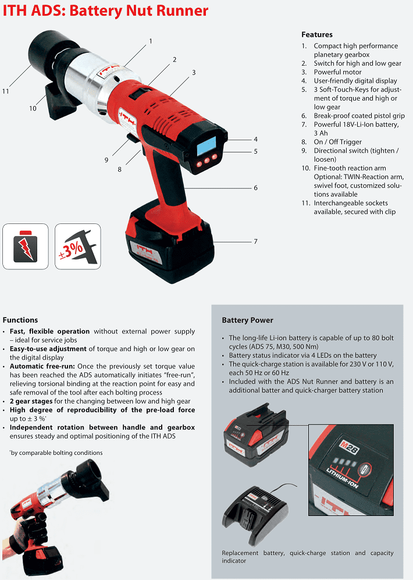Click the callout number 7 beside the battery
[255, 241]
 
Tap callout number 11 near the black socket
[6, 91]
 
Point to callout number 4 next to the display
[255, 140]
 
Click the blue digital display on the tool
[206, 146]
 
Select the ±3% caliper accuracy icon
[77, 246]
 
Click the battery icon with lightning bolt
[26, 246]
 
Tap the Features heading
[317, 34]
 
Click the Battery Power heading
[247, 320]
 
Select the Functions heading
[20, 320]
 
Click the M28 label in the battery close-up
[348, 447]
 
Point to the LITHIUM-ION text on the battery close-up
[342, 478]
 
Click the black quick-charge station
[255, 513]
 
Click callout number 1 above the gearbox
[151, 41]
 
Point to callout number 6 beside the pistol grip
[255, 188]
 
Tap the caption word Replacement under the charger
[240, 553]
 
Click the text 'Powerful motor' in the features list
[337, 72]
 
